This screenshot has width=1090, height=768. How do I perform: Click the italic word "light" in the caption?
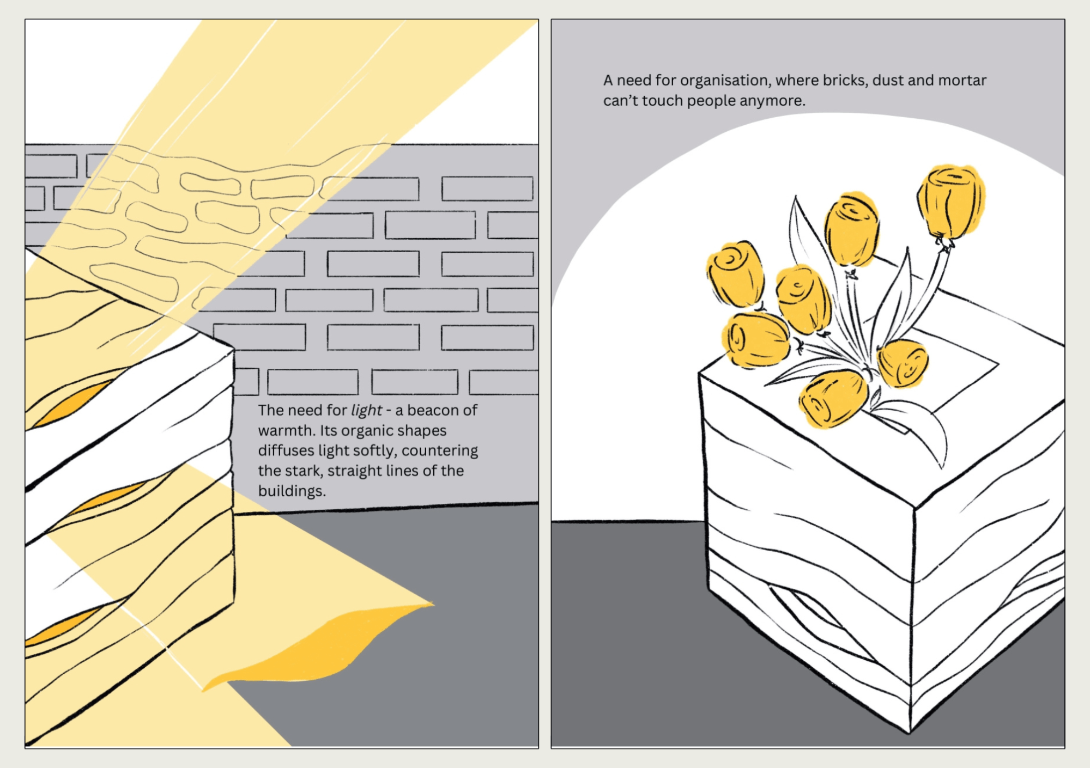coord(367,410)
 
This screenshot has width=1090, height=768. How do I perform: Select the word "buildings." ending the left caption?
coord(292,491)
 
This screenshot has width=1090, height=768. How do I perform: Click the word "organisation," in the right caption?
coord(725,81)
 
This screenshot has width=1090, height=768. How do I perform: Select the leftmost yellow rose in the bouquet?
coord(735,275)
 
